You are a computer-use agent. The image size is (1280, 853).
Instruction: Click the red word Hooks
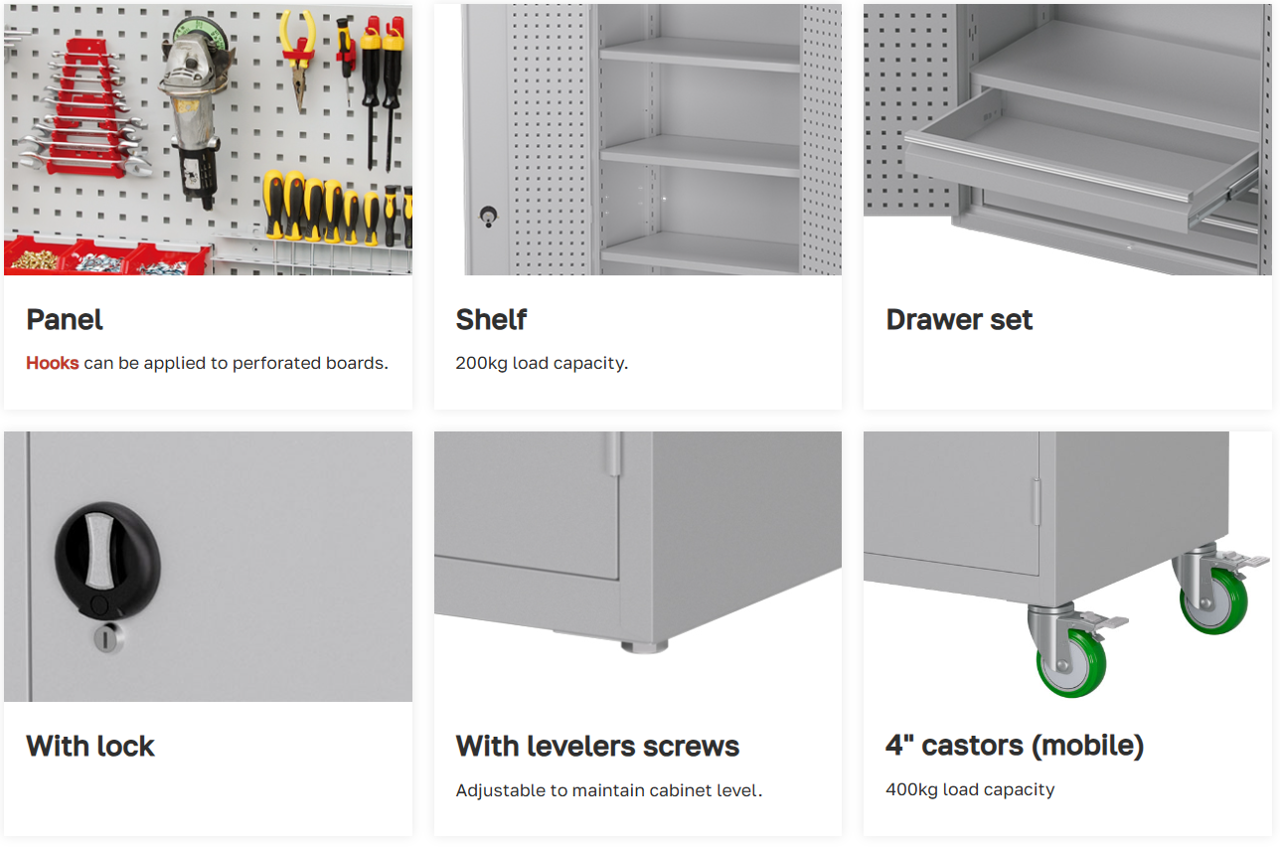[x=52, y=363]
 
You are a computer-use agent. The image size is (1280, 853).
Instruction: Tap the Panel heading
[x=65, y=319]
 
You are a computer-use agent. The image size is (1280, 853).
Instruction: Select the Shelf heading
[x=491, y=319]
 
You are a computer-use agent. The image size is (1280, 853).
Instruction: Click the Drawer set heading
[x=959, y=319]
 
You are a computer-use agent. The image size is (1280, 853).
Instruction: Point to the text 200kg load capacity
[x=542, y=363]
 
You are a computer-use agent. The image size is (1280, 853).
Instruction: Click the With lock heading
[x=90, y=746]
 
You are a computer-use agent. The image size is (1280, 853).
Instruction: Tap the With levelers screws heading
[x=597, y=746]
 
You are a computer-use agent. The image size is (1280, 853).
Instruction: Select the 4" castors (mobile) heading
[x=1015, y=745]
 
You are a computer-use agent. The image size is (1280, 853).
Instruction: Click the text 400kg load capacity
[x=970, y=789]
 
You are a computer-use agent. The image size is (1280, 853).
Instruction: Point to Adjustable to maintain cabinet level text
[x=609, y=790]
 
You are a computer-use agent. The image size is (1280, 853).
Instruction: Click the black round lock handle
[x=107, y=562]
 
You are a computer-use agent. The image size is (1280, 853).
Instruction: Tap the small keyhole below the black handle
[x=107, y=639]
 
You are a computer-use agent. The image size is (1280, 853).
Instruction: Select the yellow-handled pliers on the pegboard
[x=297, y=60]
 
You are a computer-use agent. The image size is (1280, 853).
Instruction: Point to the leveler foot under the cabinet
[x=645, y=646]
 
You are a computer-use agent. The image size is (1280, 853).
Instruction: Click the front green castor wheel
[x=1071, y=663]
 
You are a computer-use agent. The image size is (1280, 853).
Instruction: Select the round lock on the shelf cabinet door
[x=488, y=216]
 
